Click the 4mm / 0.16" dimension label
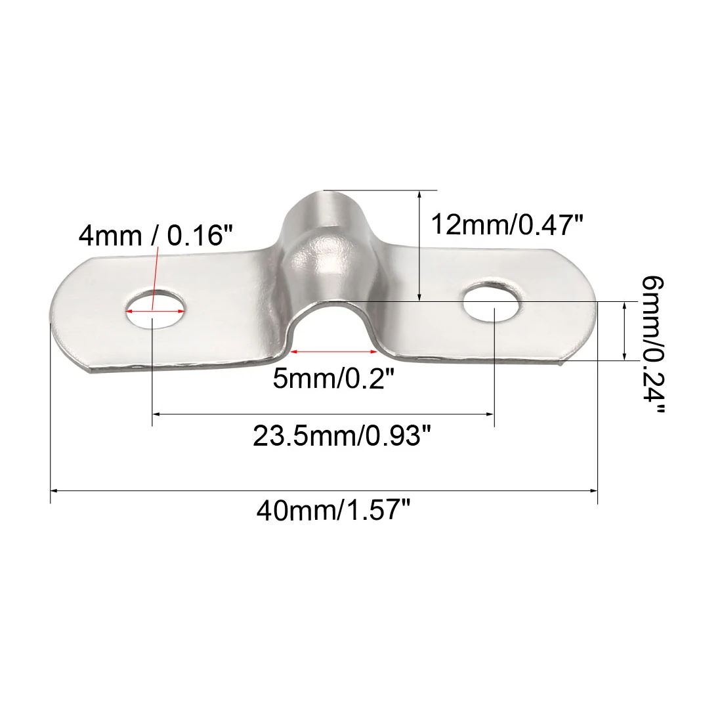156,234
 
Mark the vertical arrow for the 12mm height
419,246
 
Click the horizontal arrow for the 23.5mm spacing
323,414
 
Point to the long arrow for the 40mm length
324,490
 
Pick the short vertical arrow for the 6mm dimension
622,331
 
